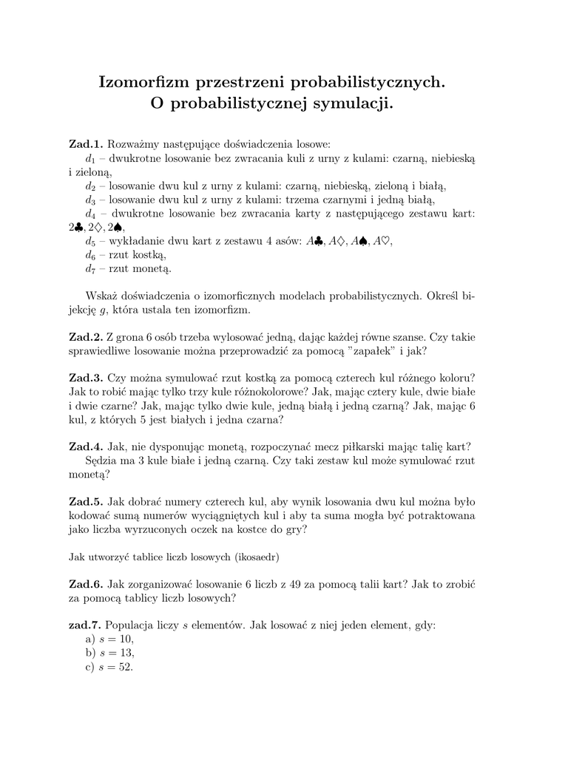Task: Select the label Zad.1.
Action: pos(86,143)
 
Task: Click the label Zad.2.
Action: pos(86,336)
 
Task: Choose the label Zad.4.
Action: pos(86,447)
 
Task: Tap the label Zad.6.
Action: pos(86,583)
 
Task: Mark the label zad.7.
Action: pos(85,625)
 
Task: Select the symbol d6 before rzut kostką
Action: pos(89,254)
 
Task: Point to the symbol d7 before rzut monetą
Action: pos(89,268)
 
